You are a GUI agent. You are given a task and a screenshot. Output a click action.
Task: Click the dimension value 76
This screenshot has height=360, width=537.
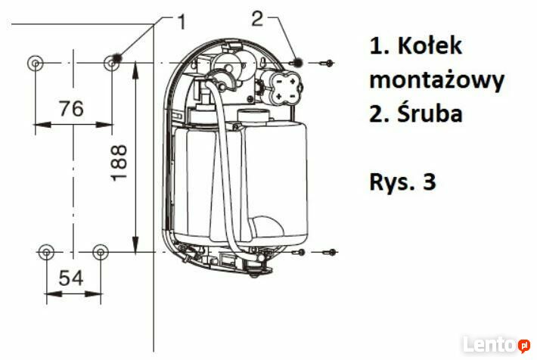click(x=72, y=108)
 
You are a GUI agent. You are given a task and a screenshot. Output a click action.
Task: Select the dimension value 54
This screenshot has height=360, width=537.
click(x=71, y=278)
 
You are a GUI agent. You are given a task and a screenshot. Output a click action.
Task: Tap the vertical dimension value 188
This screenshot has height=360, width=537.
click(x=119, y=163)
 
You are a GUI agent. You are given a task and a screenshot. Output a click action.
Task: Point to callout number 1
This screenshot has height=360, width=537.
click(x=182, y=22)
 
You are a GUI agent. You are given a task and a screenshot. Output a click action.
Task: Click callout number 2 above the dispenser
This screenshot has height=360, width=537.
click(x=257, y=18)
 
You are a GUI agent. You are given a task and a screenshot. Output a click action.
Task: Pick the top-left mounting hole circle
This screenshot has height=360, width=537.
click(x=36, y=64)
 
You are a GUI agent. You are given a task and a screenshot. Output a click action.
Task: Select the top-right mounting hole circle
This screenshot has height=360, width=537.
click(x=111, y=64)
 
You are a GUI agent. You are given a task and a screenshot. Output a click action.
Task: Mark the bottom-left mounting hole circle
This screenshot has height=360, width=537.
click(x=47, y=253)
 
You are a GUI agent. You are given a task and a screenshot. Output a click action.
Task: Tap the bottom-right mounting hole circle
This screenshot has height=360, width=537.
click(x=101, y=253)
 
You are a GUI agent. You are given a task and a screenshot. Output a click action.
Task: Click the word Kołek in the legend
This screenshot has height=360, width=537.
click(x=430, y=45)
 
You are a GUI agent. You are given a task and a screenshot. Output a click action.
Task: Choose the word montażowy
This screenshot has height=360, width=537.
click(x=437, y=80)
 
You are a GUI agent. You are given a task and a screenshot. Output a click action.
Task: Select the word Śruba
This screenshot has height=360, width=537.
click(x=430, y=113)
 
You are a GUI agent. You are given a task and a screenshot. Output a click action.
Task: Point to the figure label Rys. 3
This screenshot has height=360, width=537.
click(x=402, y=182)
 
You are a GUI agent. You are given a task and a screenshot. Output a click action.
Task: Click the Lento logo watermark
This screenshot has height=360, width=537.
click(x=496, y=344)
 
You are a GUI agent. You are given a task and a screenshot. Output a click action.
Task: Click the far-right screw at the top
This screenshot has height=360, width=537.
click(x=327, y=63)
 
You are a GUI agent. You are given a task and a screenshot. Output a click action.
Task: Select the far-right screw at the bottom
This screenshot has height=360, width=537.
click(x=330, y=253)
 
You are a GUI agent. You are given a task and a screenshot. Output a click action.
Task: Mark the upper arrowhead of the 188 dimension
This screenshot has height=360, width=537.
click(x=135, y=70)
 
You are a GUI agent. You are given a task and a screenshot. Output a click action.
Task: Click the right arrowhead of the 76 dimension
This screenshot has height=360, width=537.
click(x=104, y=125)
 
